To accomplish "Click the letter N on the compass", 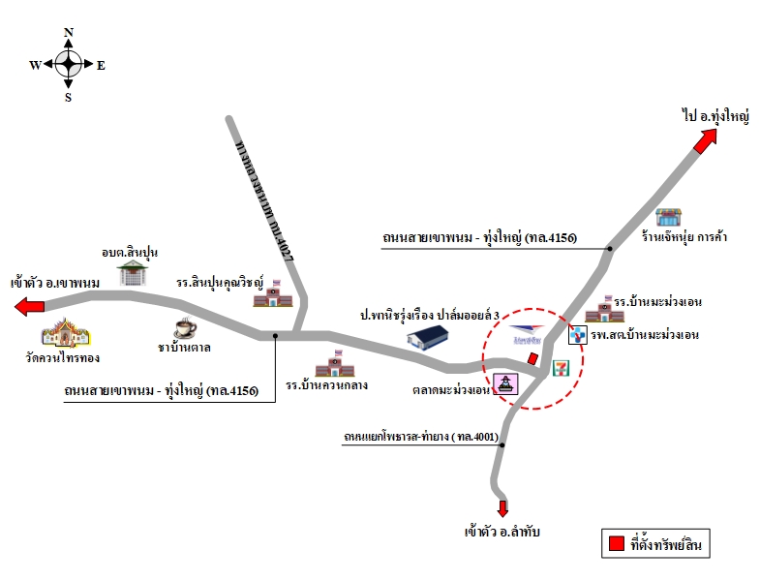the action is [x=69, y=33].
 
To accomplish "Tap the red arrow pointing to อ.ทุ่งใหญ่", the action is [x=705, y=141].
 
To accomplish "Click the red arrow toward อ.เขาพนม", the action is [x=30, y=307].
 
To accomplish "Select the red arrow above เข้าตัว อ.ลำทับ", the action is [x=502, y=508].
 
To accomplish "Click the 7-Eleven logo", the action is [x=561, y=369].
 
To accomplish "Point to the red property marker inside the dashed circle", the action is [x=532, y=359].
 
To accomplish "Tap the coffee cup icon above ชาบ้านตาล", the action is [x=185, y=328].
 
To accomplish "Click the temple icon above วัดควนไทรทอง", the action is [x=66, y=333].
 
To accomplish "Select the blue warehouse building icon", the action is [x=428, y=337].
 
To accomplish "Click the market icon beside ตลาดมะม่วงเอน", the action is [x=505, y=383].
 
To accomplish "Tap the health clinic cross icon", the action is [x=577, y=335].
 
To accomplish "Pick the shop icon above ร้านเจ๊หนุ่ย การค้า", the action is [x=669, y=217].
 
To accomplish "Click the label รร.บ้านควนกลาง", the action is [x=326, y=385].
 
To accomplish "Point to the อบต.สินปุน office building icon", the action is [x=133, y=273].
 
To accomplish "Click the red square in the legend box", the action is [x=616, y=543].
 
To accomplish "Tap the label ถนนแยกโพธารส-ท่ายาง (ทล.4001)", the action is [x=421, y=437].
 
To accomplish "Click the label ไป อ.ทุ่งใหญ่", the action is [x=715, y=116].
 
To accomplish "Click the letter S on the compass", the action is [x=69, y=98].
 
